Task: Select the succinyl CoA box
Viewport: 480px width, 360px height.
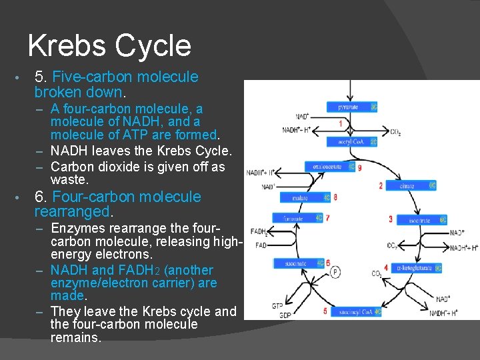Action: tap(356, 311)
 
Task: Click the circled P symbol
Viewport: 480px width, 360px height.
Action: tap(335, 272)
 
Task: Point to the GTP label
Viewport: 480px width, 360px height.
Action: tap(277, 305)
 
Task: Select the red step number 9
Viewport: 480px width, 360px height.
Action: tap(360, 167)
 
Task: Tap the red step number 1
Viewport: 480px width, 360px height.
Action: tap(341, 124)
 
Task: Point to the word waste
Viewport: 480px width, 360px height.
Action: tap(69, 180)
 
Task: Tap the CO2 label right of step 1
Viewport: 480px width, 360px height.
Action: tap(395, 132)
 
